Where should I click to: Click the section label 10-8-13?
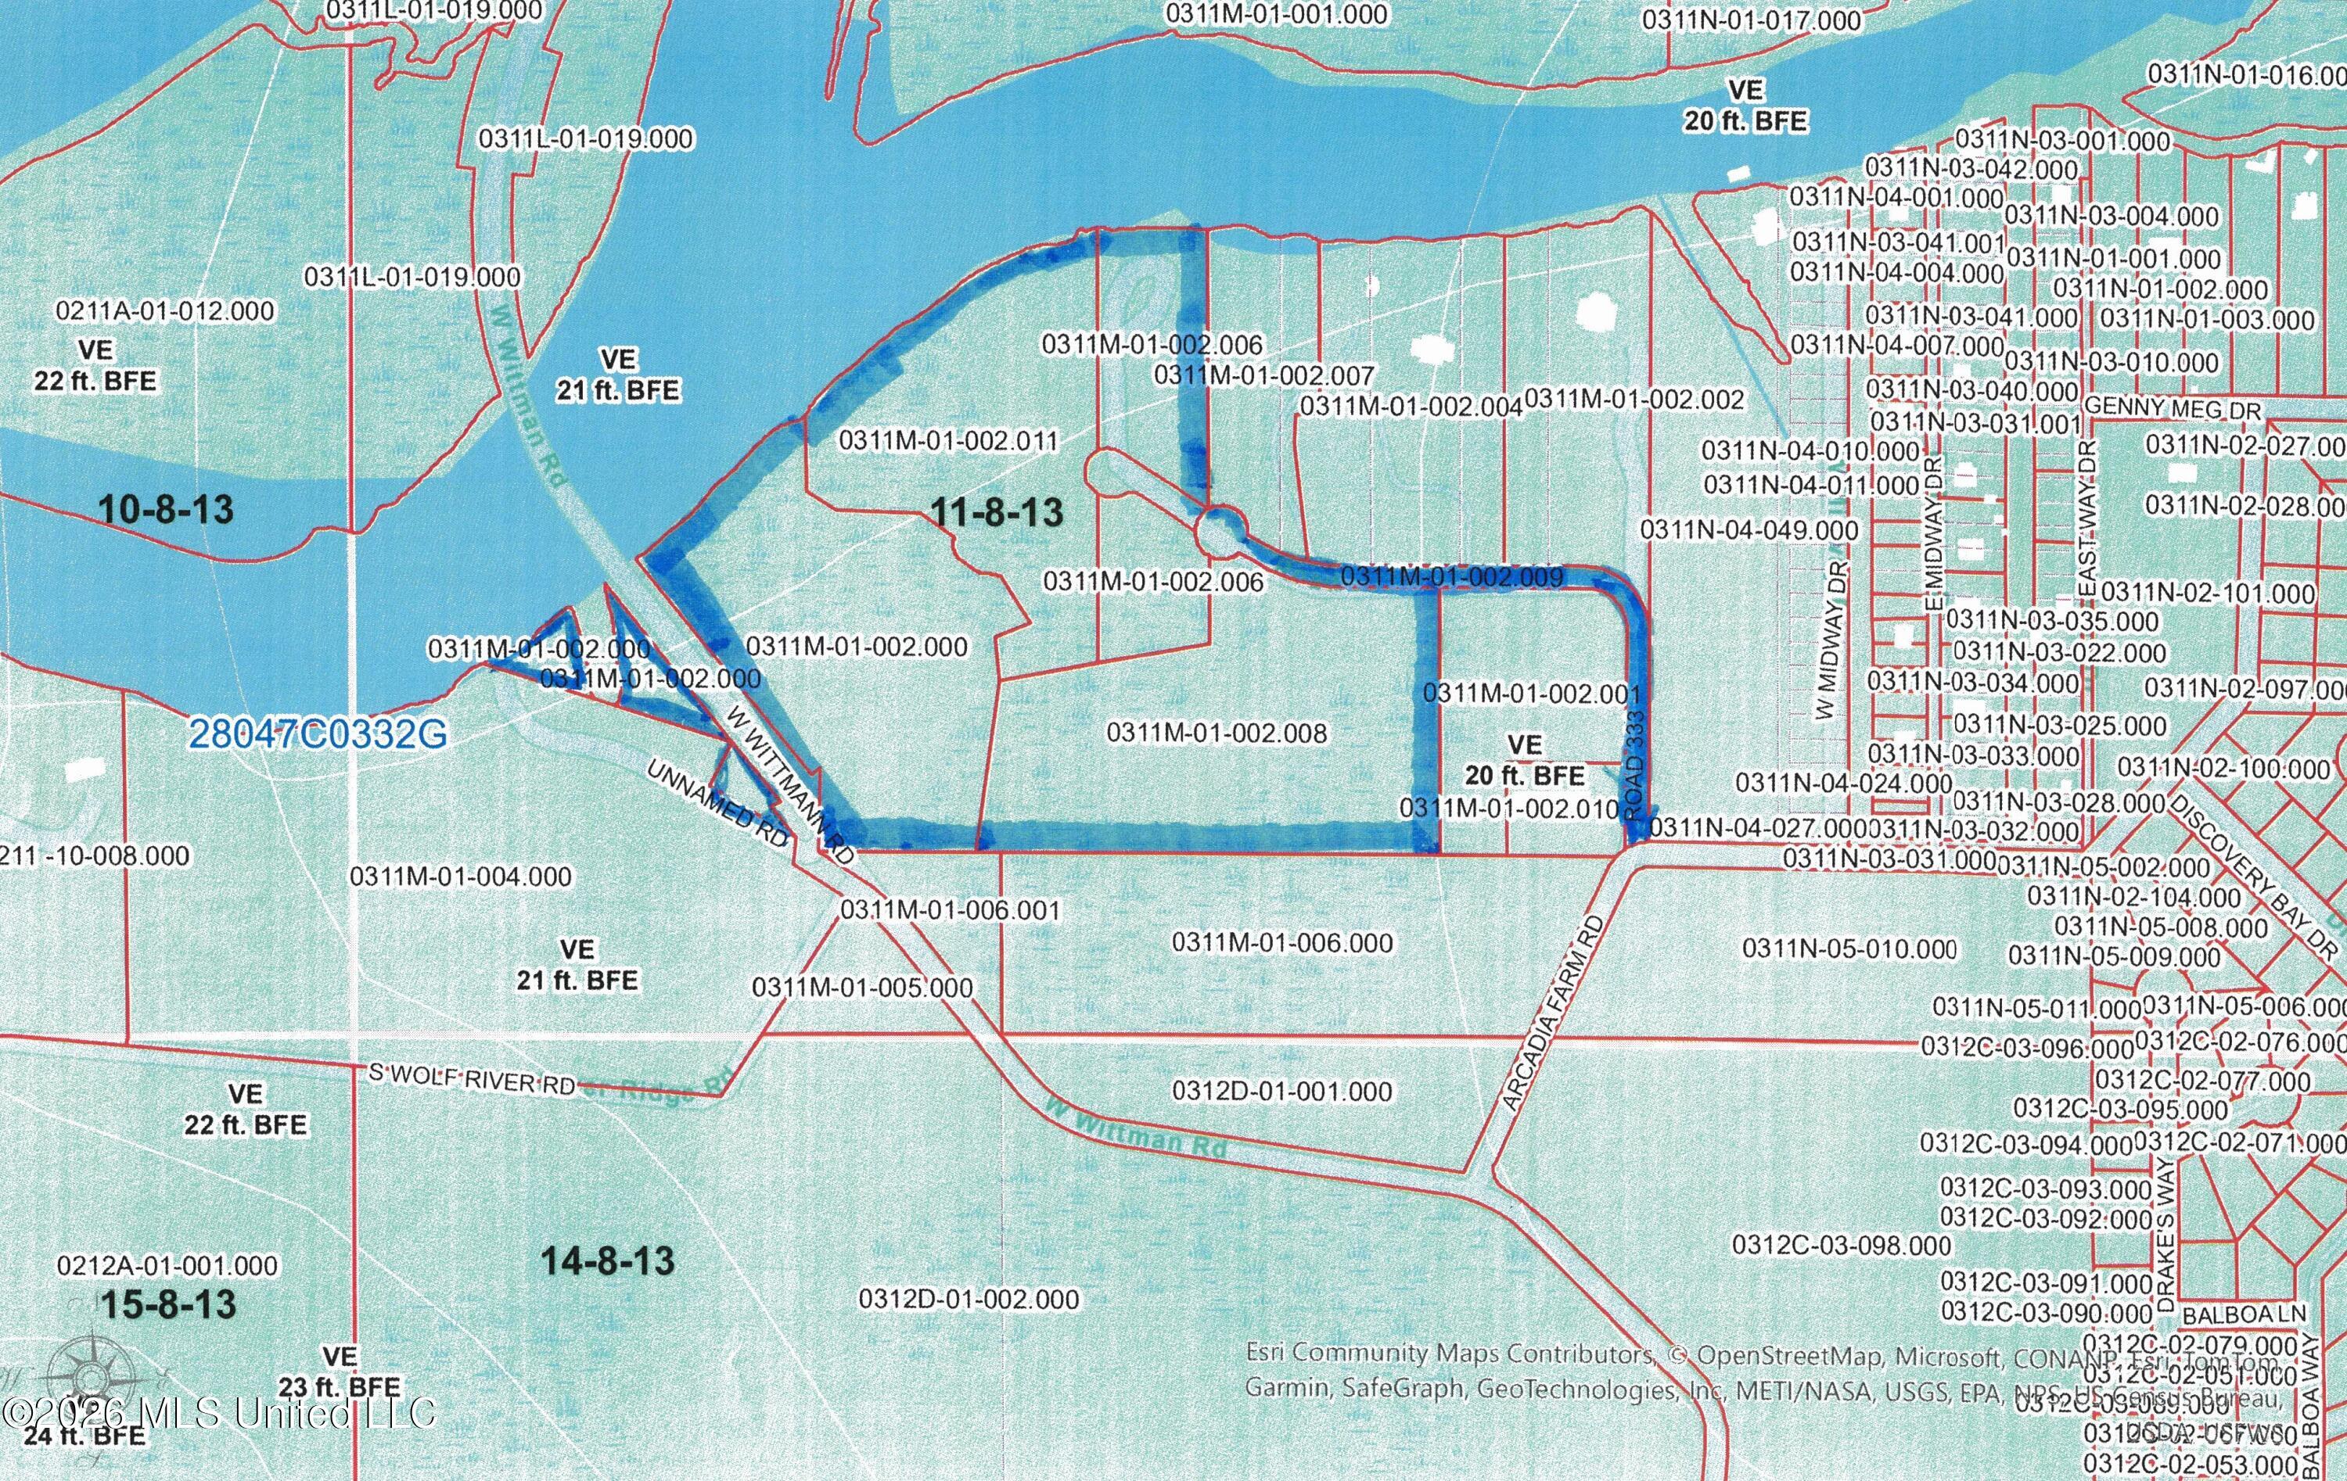[166, 508]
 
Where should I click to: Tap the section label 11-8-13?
[996, 511]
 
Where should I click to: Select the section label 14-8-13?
[607, 1260]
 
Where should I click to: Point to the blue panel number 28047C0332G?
[318, 733]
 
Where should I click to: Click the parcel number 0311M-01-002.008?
[1217, 733]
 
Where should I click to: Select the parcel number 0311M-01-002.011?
[948, 440]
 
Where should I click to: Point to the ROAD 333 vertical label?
[1634, 766]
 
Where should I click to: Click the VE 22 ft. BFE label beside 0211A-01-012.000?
[95, 365]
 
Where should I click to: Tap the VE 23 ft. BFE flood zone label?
[340, 1372]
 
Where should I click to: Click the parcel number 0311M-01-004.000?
[460, 876]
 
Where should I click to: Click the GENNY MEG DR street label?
[2172, 409]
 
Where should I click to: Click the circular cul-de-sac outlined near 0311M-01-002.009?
[1220, 532]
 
